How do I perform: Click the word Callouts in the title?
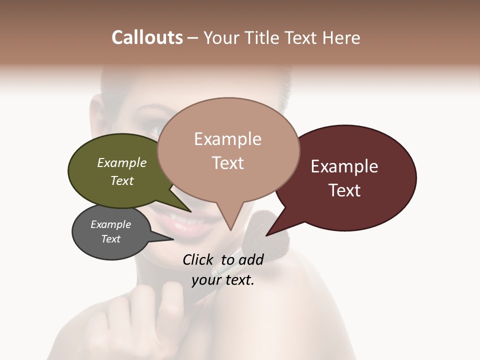(x=147, y=37)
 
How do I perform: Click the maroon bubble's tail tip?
(x=268, y=234)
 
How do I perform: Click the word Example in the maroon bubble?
(x=344, y=166)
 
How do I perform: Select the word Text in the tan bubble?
(x=228, y=163)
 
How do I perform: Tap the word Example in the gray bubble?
(x=110, y=224)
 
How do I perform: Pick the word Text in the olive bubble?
(x=122, y=180)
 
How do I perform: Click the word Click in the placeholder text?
(x=199, y=259)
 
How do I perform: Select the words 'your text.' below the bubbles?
(x=223, y=280)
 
